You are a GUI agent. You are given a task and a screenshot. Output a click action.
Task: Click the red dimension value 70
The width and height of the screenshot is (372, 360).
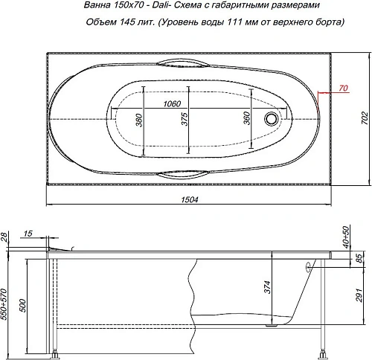[x=342, y=89]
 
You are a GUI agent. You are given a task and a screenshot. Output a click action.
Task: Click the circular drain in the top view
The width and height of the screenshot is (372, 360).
[x=272, y=118]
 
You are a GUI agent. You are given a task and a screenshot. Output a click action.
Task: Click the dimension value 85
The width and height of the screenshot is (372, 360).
[x=360, y=260]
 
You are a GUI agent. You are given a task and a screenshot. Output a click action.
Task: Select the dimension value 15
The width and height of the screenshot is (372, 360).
[x=28, y=236]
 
